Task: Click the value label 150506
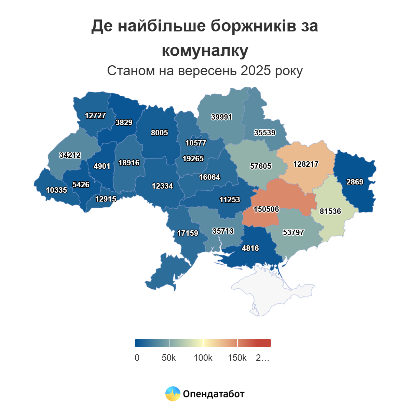point(266,209)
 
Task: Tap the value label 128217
point(306,164)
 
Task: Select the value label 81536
point(330,211)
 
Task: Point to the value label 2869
point(355,182)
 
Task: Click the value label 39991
point(221,117)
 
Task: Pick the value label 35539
point(264,133)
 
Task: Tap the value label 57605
point(260,166)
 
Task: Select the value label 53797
point(293,232)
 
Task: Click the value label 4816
point(250,248)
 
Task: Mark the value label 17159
point(188,233)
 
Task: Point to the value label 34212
point(70,155)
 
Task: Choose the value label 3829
point(124,122)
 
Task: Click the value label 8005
point(160,133)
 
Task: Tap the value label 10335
point(56,190)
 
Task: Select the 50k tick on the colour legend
point(169,358)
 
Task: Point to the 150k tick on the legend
point(237,358)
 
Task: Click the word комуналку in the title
point(205,51)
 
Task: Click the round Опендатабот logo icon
point(173,394)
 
